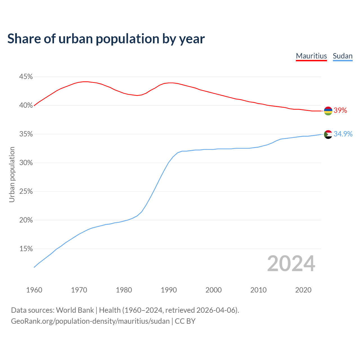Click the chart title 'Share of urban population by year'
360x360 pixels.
coord(106,39)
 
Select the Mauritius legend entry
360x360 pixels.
coord(311,56)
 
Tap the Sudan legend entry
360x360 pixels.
coord(343,56)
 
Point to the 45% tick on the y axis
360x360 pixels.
coord(26,77)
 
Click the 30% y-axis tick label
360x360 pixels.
coord(26,163)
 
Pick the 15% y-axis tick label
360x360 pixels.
coord(26,249)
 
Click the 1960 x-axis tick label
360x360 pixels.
coord(34,290)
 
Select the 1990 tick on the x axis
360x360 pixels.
coord(169,290)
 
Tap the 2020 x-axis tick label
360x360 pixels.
coord(303,290)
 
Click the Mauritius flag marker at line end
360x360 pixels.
coord(328,111)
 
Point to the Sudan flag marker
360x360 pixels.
coord(328,134)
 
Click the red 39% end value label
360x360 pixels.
coord(340,111)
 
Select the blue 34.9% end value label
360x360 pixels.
coord(343,134)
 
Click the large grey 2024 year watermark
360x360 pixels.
coord(291,264)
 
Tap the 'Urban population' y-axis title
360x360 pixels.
coord(12,174)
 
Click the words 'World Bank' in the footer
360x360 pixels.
coord(75,310)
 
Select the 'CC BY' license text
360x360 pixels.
coord(185,321)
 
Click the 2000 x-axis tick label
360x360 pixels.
coord(213,290)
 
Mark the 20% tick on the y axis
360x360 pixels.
coord(26,220)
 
